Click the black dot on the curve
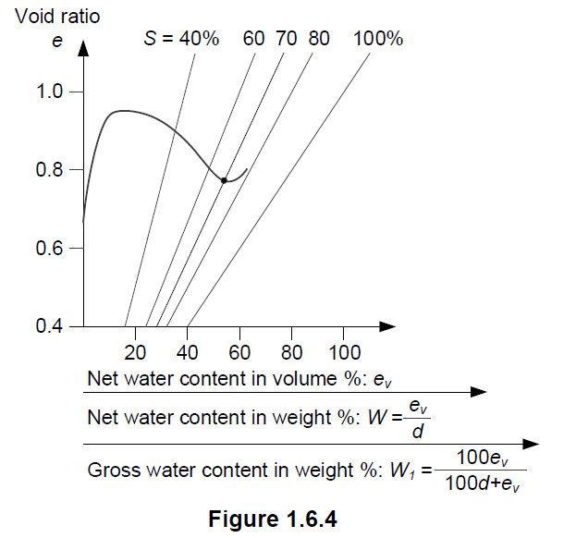(224, 179)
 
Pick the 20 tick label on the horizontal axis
(136, 351)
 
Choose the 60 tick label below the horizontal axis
(240, 351)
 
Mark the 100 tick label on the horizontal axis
(344, 351)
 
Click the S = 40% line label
(181, 39)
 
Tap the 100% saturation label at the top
(378, 39)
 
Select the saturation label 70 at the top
(287, 39)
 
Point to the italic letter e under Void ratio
(57, 41)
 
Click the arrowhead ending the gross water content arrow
(533, 444)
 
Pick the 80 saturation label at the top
(319, 39)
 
